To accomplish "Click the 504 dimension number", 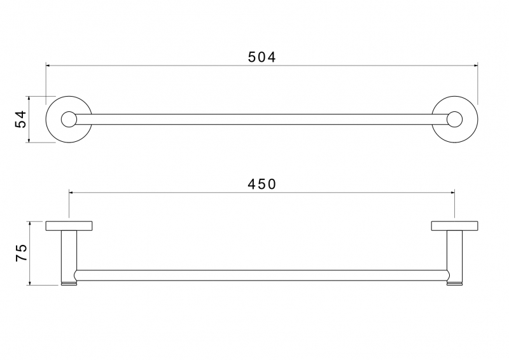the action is (261, 57).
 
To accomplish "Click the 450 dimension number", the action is (261, 184).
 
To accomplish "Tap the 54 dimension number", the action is (20, 119).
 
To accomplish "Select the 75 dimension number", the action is (22, 253).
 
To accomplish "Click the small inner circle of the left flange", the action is (69, 119).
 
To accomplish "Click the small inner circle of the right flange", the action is (454, 119).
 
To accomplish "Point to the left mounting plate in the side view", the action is (69, 226).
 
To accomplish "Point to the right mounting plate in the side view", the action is (454, 226).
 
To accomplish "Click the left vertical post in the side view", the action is (69, 256).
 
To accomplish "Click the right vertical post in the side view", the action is (454, 256).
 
